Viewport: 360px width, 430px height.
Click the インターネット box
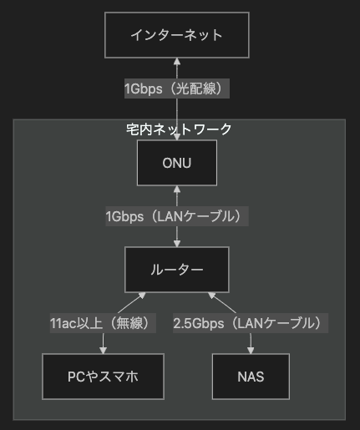pos(177,35)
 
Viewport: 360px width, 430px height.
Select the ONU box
pos(177,163)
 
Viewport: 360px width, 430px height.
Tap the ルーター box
pos(177,270)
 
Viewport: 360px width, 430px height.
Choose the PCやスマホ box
pos(103,377)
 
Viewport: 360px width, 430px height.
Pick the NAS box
pos(251,377)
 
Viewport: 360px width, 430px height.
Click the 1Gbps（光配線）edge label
pos(177,89)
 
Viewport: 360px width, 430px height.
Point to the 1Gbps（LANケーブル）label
pos(177,216)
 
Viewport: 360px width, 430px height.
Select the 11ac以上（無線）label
pos(103,323)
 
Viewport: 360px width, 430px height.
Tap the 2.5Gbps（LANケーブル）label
pos(251,323)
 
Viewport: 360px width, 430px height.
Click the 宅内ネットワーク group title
pos(179,129)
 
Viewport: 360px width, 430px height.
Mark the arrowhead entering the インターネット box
pos(177,62)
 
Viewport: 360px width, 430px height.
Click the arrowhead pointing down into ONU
pos(177,137)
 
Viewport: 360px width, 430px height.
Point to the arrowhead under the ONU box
pos(177,190)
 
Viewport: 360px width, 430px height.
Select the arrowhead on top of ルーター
pos(177,244)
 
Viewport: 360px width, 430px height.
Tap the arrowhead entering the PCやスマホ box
pos(103,351)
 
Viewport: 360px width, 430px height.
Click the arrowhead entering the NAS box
pos(251,351)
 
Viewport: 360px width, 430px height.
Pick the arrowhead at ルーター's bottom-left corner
pos(142,296)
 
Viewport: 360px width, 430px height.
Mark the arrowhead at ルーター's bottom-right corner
pos(212,296)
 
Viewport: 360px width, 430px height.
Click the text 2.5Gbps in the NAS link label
pos(199,323)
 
